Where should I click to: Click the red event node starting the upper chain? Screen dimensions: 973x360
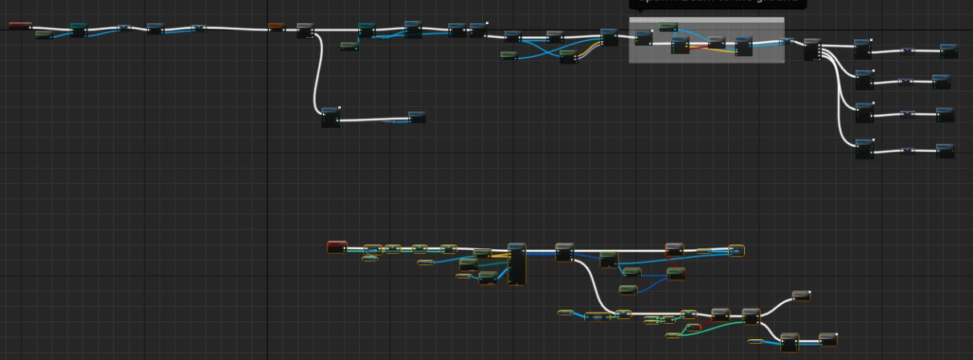click(20, 26)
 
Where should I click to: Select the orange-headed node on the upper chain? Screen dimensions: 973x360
click(276, 27)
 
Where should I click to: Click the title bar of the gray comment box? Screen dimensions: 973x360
click(706, 20)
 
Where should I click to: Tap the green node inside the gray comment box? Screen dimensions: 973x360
click(668, 28)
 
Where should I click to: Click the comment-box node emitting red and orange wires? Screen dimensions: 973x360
click(680, 45)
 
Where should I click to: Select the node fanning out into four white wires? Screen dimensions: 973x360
click(812, 49)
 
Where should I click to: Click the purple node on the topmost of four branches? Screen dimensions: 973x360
click(906, 51)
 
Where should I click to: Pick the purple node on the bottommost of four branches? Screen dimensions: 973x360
click(906, 150)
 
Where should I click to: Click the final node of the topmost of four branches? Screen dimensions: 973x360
click(949, 51)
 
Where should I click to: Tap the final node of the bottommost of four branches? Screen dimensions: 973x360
click(945, 150)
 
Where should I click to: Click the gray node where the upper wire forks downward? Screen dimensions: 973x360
click(305, 31)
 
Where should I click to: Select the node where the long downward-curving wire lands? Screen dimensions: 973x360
click(330, 117)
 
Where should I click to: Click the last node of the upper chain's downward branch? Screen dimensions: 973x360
click(417, 117)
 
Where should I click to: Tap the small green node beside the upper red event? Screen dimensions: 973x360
click(43, 34)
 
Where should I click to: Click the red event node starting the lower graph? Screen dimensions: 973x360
click(337, 247)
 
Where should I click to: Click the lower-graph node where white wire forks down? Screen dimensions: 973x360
click(564, 252)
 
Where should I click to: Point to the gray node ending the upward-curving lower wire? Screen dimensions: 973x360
click(801, 296)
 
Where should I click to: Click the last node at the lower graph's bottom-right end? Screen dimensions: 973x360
click(828, 339)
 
